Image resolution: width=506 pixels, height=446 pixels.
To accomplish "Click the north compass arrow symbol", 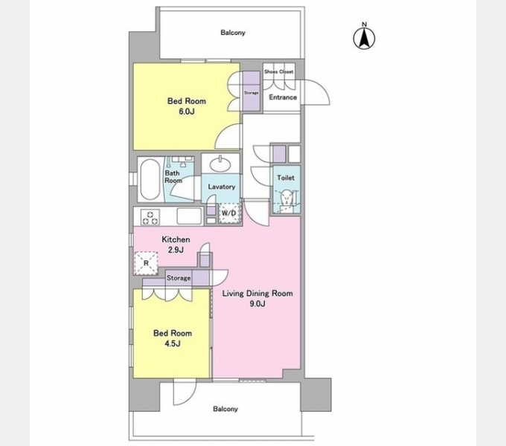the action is [x=365, y=39].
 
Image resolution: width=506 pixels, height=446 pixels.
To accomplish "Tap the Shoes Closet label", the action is [x=279, y=71].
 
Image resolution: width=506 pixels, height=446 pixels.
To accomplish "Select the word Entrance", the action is [x=283, y=97].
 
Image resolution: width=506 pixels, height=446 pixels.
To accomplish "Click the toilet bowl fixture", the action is [x=286, y=198].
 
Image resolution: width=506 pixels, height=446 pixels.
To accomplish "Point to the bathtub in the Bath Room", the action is [x=150, y=179].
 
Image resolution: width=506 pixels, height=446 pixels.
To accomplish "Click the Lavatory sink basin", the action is [x=220, y=165].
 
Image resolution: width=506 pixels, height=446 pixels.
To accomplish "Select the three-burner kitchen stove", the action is [x=150, y=217].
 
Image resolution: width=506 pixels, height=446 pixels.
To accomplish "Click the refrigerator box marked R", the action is [x=146, y=263].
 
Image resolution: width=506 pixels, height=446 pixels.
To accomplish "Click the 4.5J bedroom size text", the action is [x=173, y=344].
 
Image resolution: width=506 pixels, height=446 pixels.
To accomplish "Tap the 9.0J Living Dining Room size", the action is [x=257, y=303].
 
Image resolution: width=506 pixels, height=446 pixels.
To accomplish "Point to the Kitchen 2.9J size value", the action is [x=176, y=250].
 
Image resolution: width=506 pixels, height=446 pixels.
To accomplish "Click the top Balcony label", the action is [x=233, y=33].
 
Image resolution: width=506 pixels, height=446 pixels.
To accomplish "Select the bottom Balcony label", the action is [x=225, y=409].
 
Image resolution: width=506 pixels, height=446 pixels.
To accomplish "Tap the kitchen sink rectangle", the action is [x=190, y=216].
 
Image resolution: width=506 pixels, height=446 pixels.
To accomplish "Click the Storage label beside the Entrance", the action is [x=251, y=93].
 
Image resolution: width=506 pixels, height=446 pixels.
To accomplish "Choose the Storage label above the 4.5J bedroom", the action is [x=179, y=278].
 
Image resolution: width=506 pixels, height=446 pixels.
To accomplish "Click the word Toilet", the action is [x=286, y=178].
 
